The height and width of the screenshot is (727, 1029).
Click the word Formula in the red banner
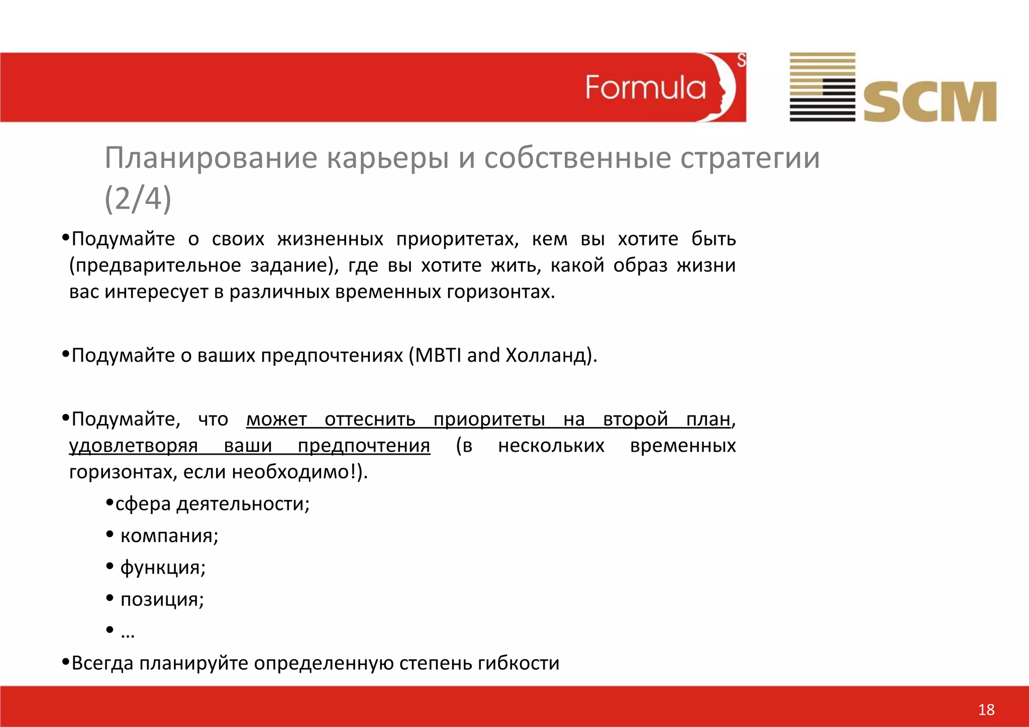click(x=645, y=87)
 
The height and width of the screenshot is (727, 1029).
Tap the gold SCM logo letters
click(x=930, y=102)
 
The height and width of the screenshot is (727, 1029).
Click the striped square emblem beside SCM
click(x=822, y=87)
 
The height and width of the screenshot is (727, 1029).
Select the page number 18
click(x=986, y=709)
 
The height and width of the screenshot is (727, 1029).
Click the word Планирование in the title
click(x=211, y=158)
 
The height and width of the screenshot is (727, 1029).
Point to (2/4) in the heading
click(x=138, y=198)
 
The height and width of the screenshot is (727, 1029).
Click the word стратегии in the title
click(x=750, y=158)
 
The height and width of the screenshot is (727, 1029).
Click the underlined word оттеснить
click(x=370, y=419)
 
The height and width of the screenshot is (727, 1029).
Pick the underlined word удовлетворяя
click(x=133, y=446)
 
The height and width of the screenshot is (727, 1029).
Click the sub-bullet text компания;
click(x=169, y=536)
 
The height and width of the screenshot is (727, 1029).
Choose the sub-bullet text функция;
click(x=163, y=568)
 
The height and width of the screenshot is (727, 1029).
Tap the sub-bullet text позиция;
click(x=162, y=599)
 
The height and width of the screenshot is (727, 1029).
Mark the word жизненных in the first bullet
click(x=330, y=239)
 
